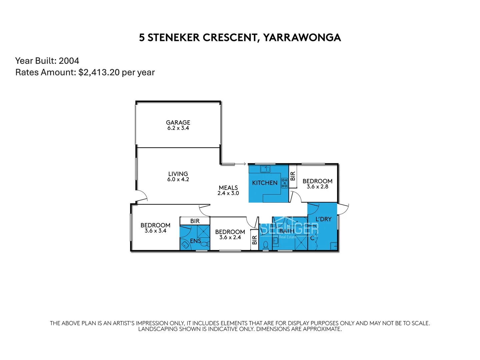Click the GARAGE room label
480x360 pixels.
pyautogui.click(x=178, y=122)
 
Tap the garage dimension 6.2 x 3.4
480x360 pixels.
pyautogui.click(x=178, y=128)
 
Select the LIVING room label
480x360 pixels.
pyautogui.click(x=178, y=174)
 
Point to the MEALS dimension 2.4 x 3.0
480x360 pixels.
pyautogui.click(x=228, y=193)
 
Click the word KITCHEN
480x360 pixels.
pyautogui.click(x=265, y=183)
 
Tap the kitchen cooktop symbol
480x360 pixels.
pyautogui.click(x=284, y=183)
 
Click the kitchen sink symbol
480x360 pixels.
pyautogui.click(x=265, y=169)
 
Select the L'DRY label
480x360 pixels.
pyautogui.click(x=323, y=219)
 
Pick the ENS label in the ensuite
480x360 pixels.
pyautogui.click(x=195, y=241)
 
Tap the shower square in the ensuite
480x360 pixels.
pyautogui.click(x=203, y=231)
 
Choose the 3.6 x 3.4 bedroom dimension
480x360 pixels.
pyautogui.click(x=155, y=231)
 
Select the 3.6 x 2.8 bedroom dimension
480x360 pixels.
pyautogui.click(x=317, y=187)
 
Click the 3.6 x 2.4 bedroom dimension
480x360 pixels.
pyautogui.click(x=230, y=237)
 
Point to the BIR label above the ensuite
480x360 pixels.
pyautogui.click(x=195, y=221)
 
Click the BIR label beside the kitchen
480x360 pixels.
pyautogui.click(x=293, y=176)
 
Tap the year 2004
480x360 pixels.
pyautogui.click(x=69, y=61)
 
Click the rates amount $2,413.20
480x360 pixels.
pyautogui.click(x=99, y=72)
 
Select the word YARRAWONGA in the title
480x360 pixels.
pyautogui.click(x=302, y=38)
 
